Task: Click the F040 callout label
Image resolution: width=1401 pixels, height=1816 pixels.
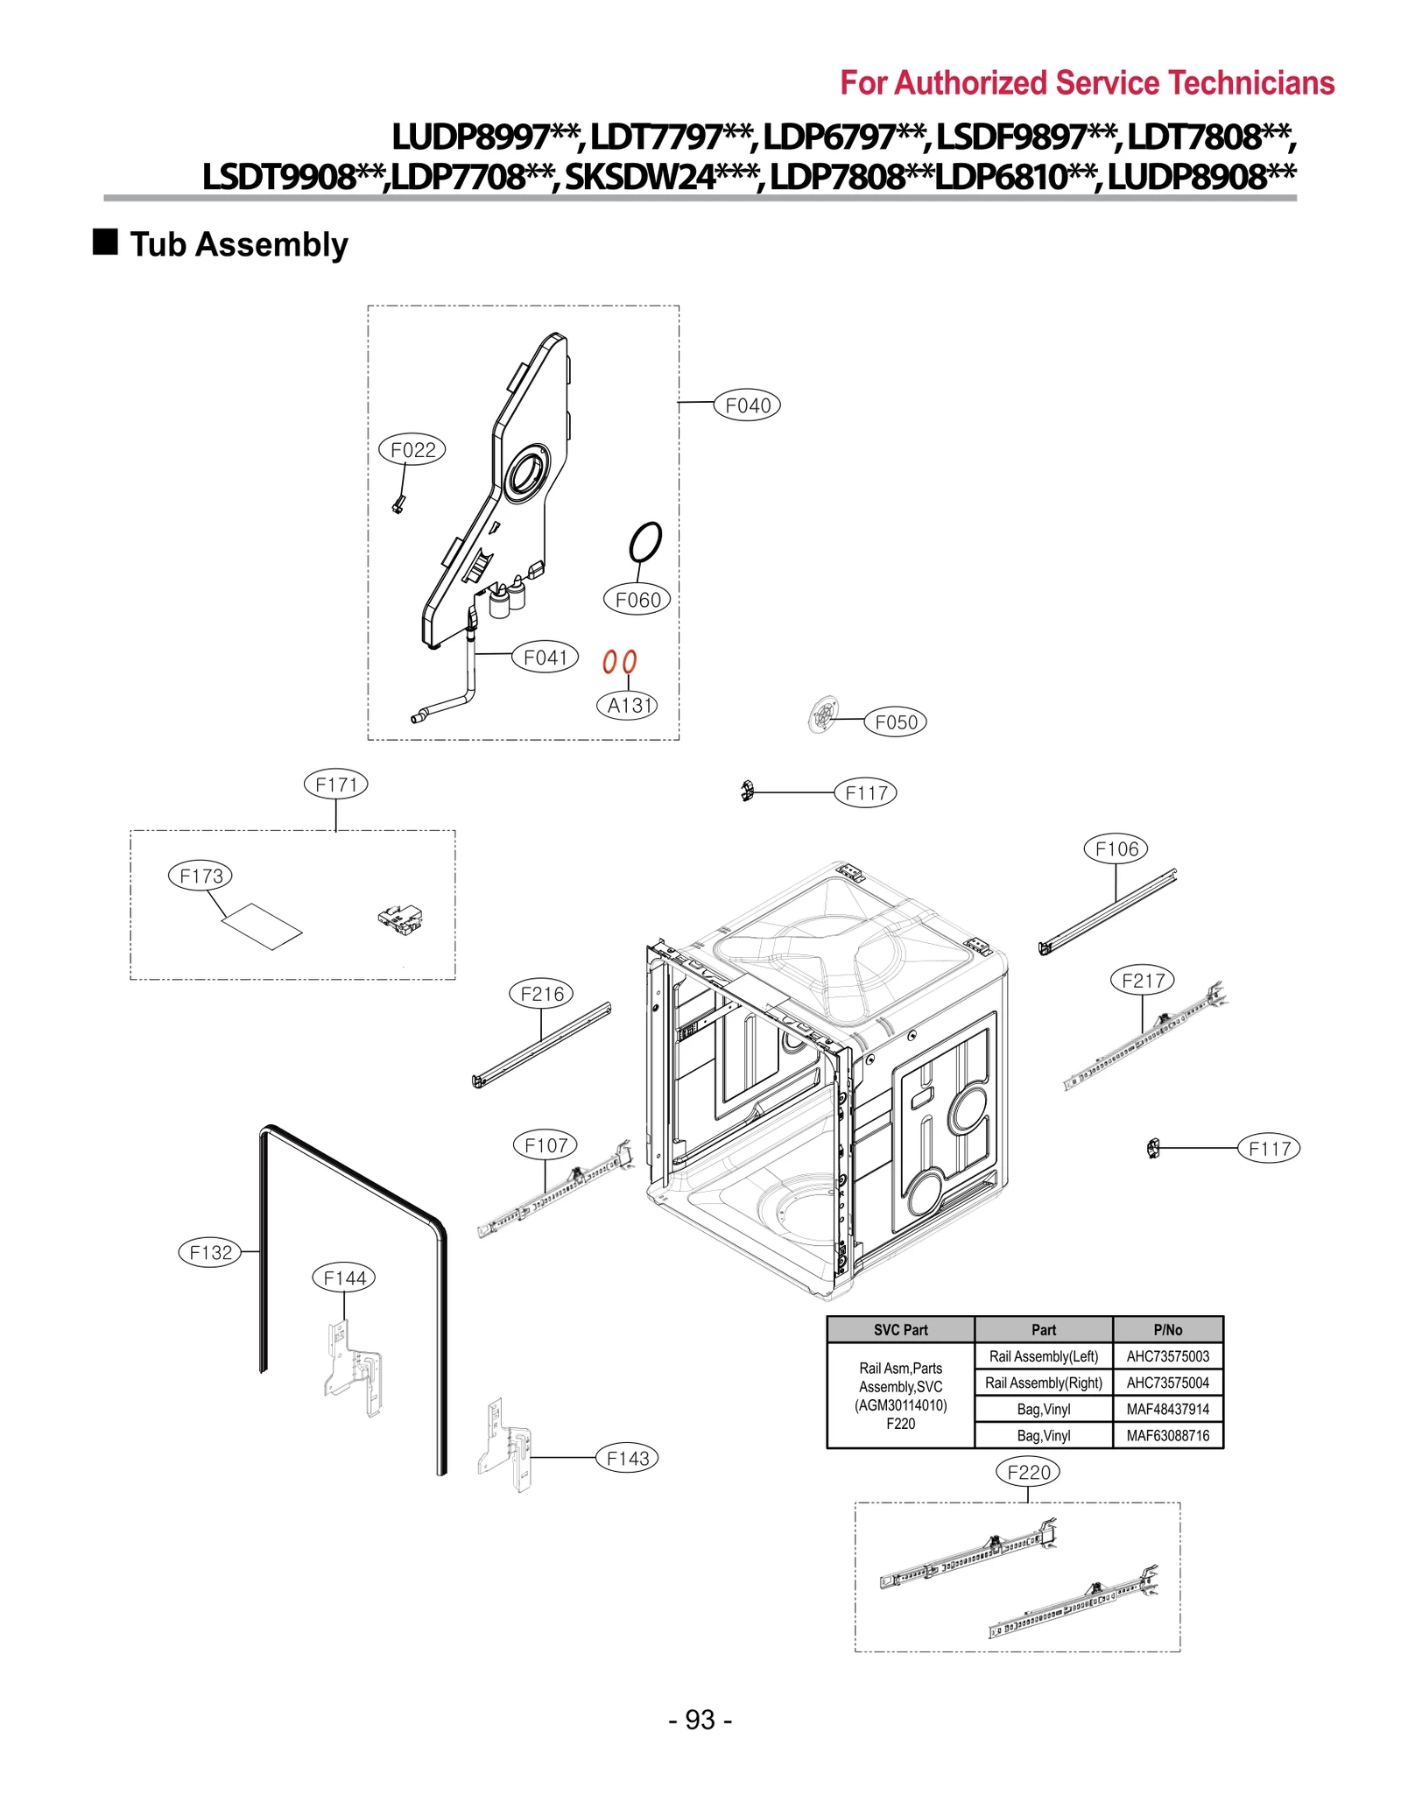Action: [x=747, y=405]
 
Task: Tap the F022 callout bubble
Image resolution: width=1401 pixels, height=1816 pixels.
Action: [x=412, y=450]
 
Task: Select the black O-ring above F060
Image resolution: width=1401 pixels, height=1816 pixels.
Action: [x=645, y=543]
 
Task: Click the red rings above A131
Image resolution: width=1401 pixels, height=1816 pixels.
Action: [x=619, y=662]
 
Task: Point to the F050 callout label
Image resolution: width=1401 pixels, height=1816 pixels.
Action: [x=895, y=722]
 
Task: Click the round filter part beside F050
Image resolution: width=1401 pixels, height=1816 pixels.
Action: [x=823, y=715]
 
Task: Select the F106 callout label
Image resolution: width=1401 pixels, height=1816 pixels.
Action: [x=1116, y=848]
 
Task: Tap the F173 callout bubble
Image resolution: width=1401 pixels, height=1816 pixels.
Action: [x=201, y=876]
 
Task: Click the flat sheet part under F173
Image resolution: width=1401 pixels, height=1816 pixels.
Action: [x=262, y=926]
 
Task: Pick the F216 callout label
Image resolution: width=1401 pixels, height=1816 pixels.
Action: [x=541, y=994]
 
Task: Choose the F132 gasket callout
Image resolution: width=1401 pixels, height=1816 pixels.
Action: [x=210, y=1252]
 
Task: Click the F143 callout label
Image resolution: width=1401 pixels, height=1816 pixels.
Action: [x=627, y=1458]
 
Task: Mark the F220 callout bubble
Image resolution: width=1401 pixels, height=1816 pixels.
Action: [x=1028, y=1472]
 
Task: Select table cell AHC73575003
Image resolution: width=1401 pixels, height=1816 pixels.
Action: [x=1167, y=1356]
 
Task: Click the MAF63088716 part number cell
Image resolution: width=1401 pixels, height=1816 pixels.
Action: [x=1167, y=1435]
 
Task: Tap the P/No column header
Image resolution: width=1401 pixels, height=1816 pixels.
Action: [x=1167, y=1329]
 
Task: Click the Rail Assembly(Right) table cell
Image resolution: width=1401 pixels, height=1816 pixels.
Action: [x=1043, y=1383]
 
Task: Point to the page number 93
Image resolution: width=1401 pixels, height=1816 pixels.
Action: [x=700, y=1720]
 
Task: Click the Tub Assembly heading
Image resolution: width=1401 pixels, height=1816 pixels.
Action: [x=238, y=244]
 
